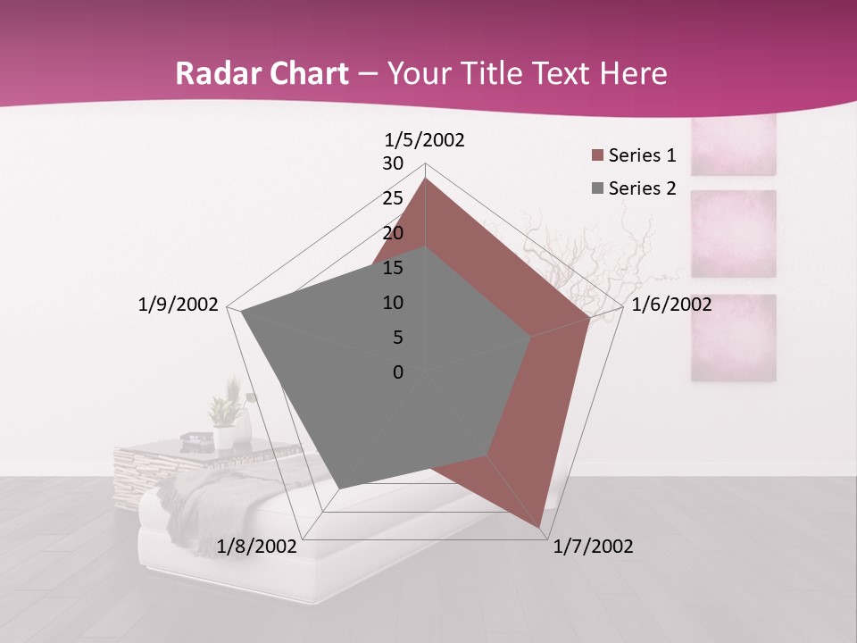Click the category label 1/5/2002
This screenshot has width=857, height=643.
click(425, 139)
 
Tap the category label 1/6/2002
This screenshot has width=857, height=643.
click(671, 305)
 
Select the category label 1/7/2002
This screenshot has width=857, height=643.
click(593, 547)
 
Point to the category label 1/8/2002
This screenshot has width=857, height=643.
click(257, 547)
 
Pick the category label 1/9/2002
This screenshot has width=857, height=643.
click(179, 305)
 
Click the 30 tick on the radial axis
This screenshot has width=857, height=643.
click(393, 163)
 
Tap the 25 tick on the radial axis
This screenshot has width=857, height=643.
click(393, 198)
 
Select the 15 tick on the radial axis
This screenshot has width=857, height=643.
click(393, 268)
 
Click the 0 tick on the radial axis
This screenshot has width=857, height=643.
click(398, 372)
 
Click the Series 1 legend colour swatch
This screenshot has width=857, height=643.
click(597, 156)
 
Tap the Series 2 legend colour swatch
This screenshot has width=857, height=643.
click(597, 188)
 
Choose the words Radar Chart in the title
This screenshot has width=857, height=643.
click(262, 74)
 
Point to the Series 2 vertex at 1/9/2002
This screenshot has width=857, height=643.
click(241, 312)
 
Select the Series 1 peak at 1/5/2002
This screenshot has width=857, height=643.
click(425, 179)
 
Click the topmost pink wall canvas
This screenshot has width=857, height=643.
click(734, 143)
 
